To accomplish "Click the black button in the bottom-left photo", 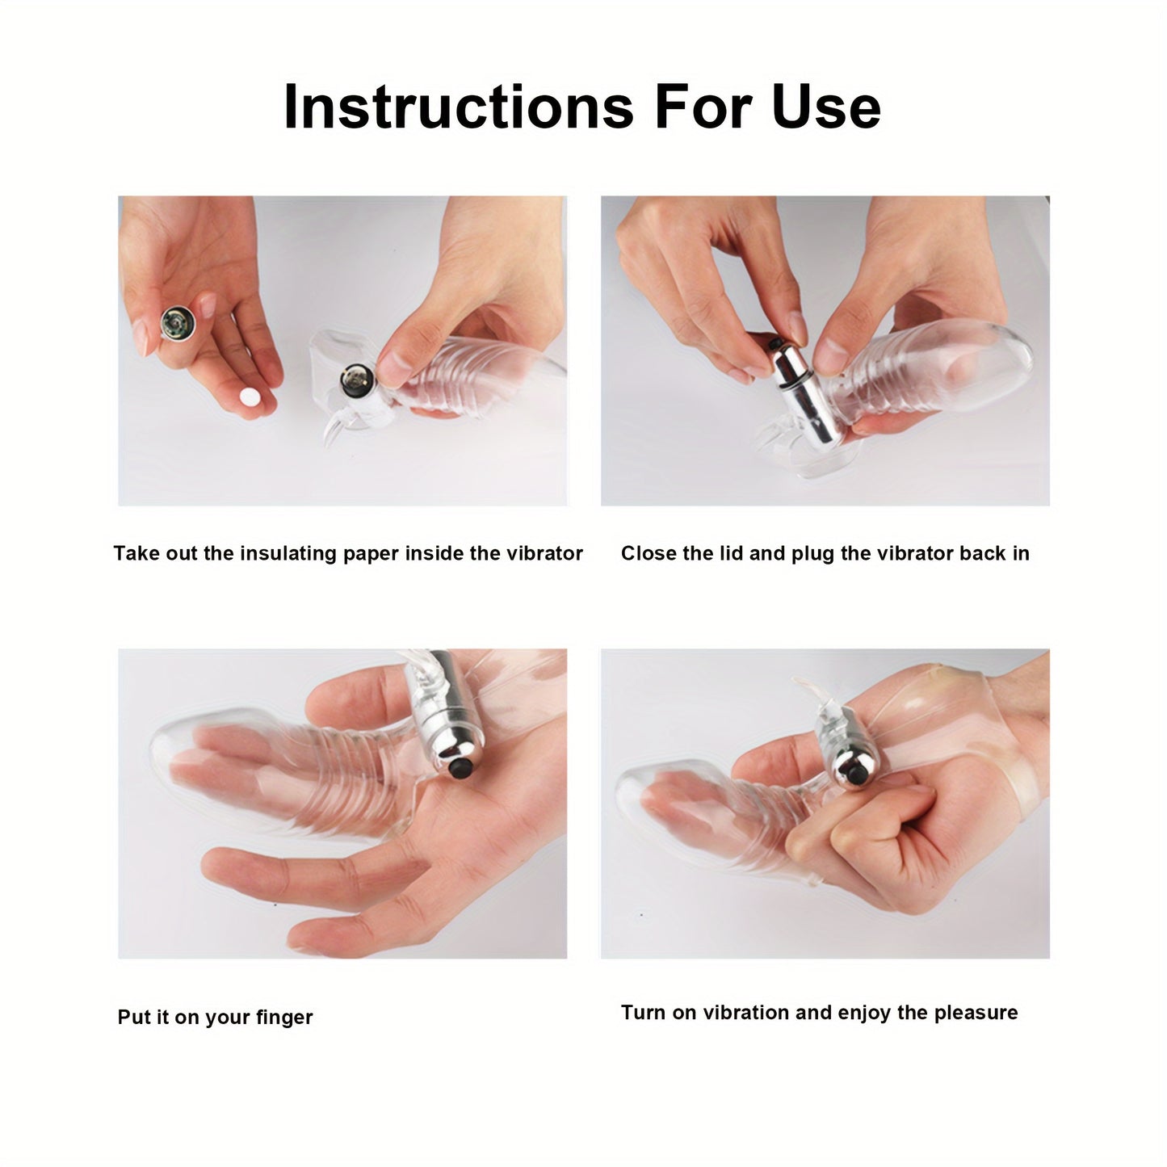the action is click(461, 769).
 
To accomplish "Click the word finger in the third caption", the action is click(284, 1018).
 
